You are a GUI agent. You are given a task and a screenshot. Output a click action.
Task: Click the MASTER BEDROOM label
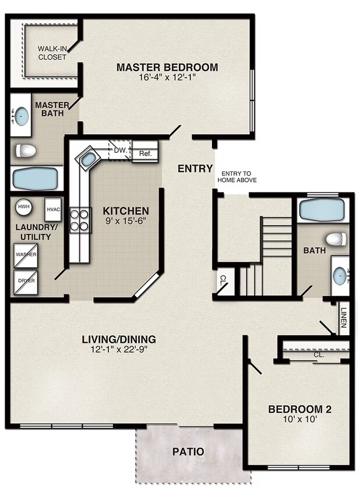point(167,67)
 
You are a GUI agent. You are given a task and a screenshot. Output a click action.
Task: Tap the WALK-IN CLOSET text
point(52,52)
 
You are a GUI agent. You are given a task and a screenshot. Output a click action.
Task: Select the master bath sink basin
point(22,117)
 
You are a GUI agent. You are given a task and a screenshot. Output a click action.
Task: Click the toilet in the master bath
point(26,151)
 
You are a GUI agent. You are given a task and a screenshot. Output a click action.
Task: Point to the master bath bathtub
point(35,178)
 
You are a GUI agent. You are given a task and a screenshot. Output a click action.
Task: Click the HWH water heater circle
point(23,207)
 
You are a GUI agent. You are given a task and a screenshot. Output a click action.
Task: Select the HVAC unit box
point(52,209)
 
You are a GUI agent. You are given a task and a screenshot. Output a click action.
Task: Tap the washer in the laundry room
point(26,255)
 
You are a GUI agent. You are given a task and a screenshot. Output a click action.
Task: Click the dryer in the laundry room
point(26,282)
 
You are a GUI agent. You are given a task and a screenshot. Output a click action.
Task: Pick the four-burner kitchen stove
point(79,220)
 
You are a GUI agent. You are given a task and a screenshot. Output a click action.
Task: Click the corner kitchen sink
point(89,159)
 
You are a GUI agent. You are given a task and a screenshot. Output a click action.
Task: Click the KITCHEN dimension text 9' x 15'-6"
point(126,221)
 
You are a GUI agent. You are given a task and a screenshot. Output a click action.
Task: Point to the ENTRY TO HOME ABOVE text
point(237,177)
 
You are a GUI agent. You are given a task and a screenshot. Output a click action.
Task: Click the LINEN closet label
point(344,318)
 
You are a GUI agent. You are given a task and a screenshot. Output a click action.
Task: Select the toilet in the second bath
point(337,239)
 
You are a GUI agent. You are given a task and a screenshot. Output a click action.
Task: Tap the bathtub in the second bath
point(323,210)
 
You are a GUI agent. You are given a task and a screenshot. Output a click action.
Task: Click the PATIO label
point(188,452)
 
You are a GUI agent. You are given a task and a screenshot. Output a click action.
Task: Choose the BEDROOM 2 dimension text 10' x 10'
point(300,419)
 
